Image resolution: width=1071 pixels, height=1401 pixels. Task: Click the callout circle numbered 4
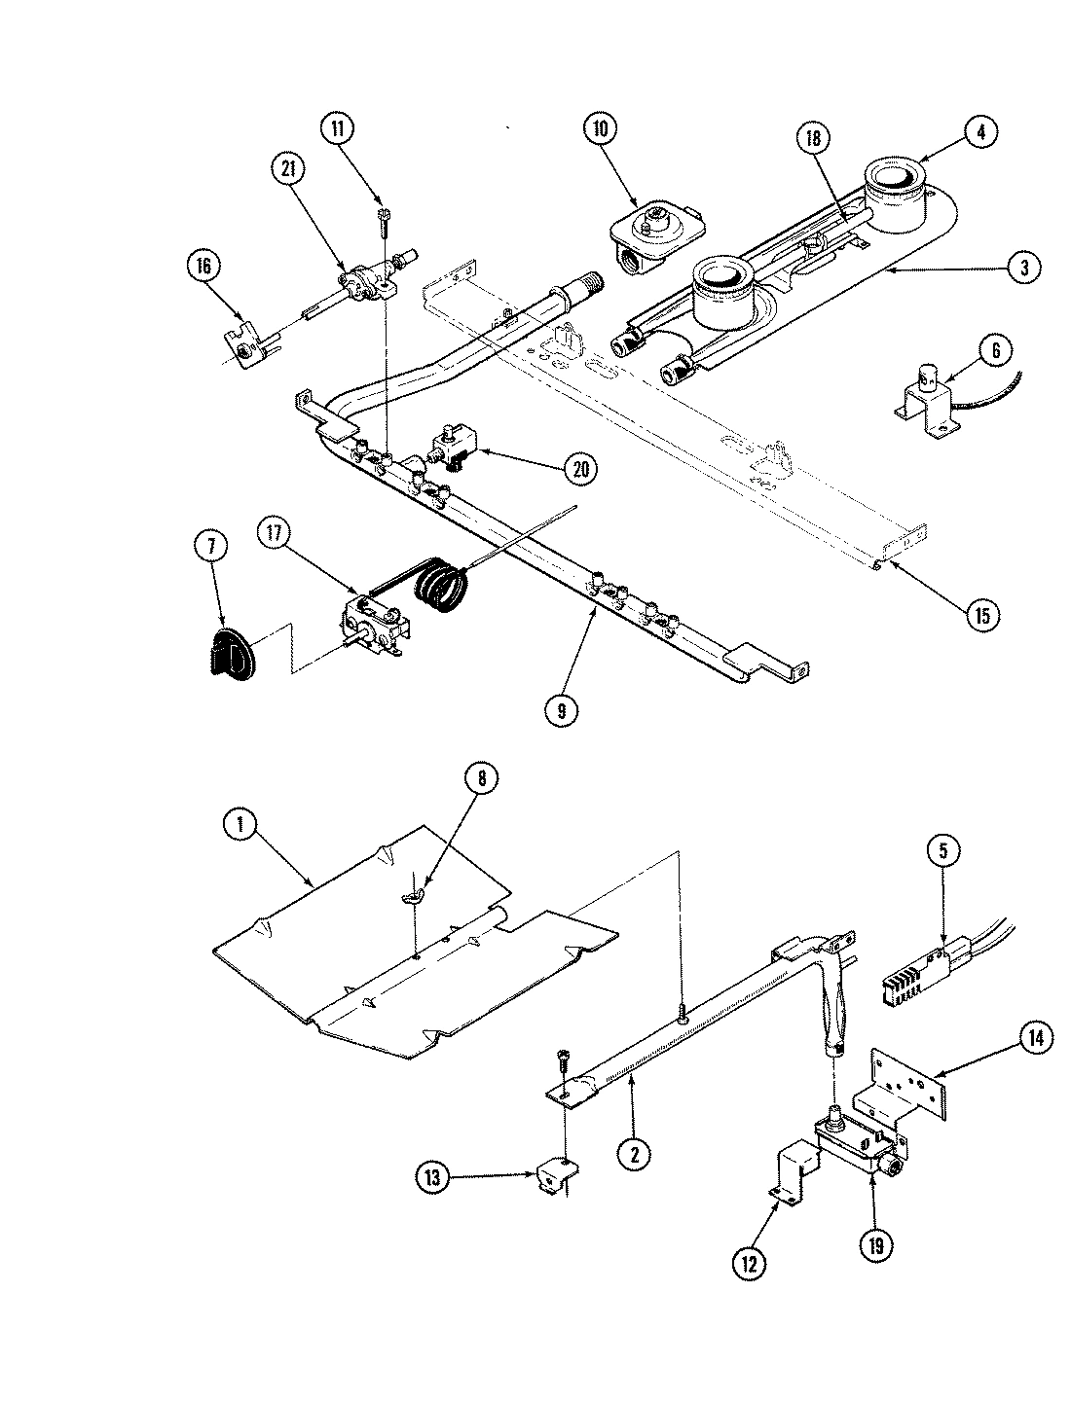pos(981,131)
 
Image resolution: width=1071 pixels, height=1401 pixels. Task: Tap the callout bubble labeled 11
pos(340,129)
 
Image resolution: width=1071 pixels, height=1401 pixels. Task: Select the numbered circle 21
pos(287,168)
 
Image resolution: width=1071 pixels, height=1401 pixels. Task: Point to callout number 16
pos(205,266)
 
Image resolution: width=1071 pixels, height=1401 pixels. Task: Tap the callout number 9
pos(562,710)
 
